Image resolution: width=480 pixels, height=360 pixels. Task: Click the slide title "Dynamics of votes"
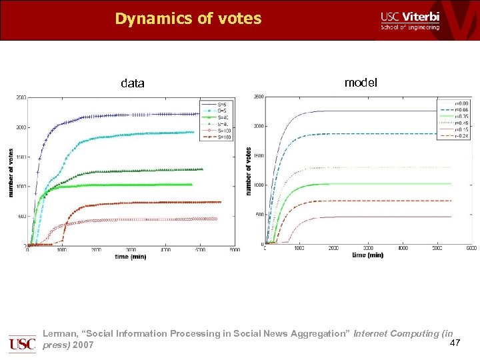pos(188,19)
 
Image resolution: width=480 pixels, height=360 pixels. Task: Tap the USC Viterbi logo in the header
pos(409,21)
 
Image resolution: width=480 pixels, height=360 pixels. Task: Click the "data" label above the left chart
pos(132,83)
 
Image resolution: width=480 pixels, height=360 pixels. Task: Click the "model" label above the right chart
pos(360,83)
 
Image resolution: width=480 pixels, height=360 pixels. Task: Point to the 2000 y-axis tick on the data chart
pos(21,127)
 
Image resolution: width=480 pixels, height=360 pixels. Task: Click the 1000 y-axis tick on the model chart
pos(257,185)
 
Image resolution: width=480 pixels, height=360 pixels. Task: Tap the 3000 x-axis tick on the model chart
pos(368,248)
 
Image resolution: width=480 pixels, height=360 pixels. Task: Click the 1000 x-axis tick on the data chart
pos(61,251)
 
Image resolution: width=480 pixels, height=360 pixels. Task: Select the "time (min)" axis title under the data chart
pos(129,256)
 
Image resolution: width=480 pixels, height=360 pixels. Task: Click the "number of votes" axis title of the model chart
pos(249,171)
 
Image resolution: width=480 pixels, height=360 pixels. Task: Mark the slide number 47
pos(455,343)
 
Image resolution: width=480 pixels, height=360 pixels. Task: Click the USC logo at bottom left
pos(22,343)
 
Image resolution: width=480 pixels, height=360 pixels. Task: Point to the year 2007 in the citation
pos(83,345)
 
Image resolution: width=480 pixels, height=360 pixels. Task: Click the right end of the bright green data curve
pos(191,184)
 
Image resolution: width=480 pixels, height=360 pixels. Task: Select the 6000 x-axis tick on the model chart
pos(471,248)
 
